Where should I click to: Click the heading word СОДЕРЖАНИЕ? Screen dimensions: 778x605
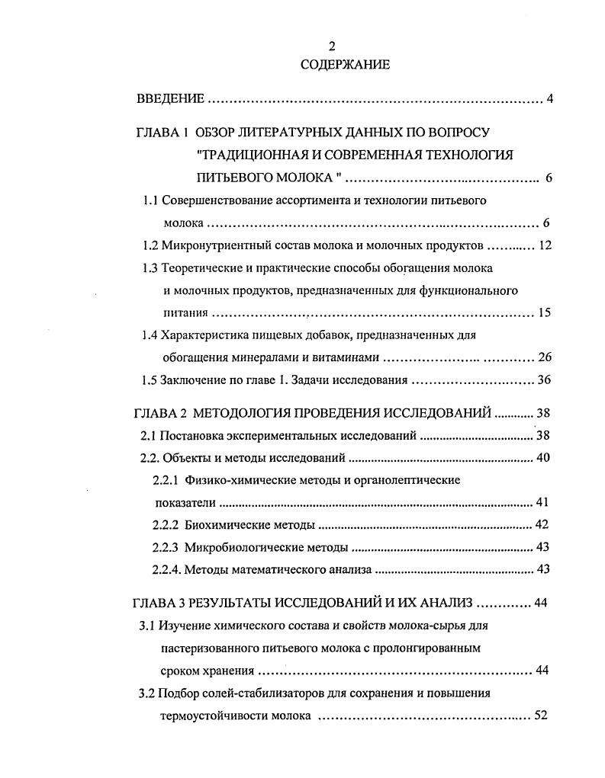(x=345, y=65)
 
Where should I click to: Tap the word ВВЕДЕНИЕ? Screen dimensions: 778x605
(x=170, y=98)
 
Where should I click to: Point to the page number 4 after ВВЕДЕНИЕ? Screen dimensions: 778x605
(x=550, y=98)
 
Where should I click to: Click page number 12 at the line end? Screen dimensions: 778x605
(x=545, y=246)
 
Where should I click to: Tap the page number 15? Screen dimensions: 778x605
(x=545, y=312)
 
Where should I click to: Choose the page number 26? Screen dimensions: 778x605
(x=545, y=357)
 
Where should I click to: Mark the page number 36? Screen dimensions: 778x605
(x=545, y=379)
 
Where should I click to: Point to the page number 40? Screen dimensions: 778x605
(x=543, y=458)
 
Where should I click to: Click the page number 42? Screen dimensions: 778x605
(x=543, y=525)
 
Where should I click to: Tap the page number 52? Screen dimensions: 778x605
(x=542, y=716)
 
